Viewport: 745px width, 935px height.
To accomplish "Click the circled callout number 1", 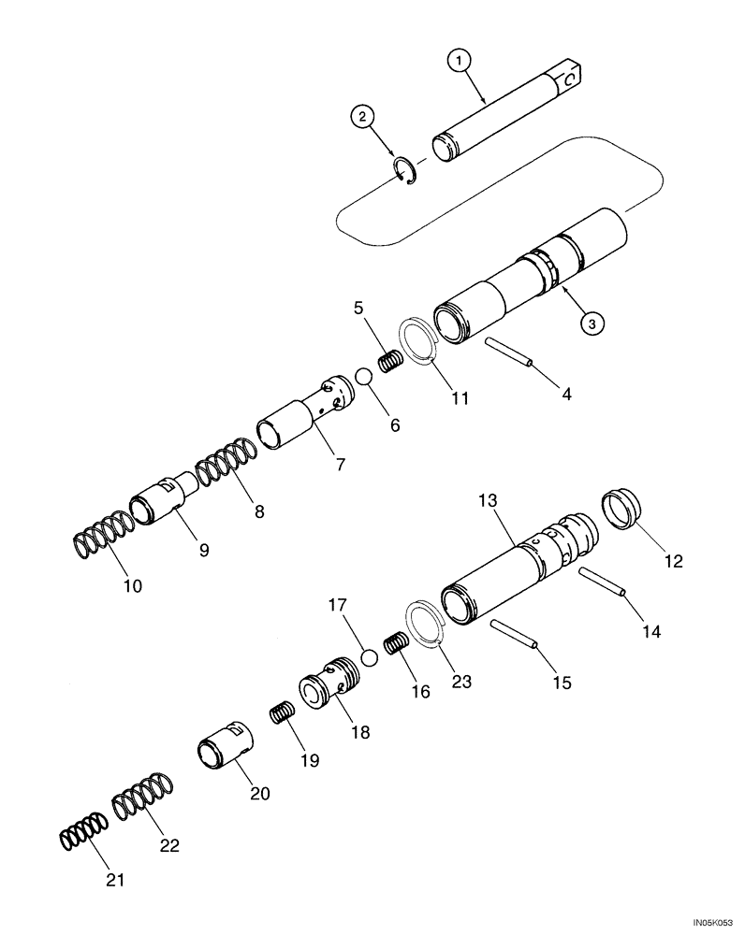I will click(x=459, y=61).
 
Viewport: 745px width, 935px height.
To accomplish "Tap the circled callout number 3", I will click(x=592, y=323).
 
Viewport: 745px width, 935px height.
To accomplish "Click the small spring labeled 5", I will click(x=388, y=358).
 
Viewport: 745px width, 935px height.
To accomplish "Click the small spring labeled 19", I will click(x=282, y=714).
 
